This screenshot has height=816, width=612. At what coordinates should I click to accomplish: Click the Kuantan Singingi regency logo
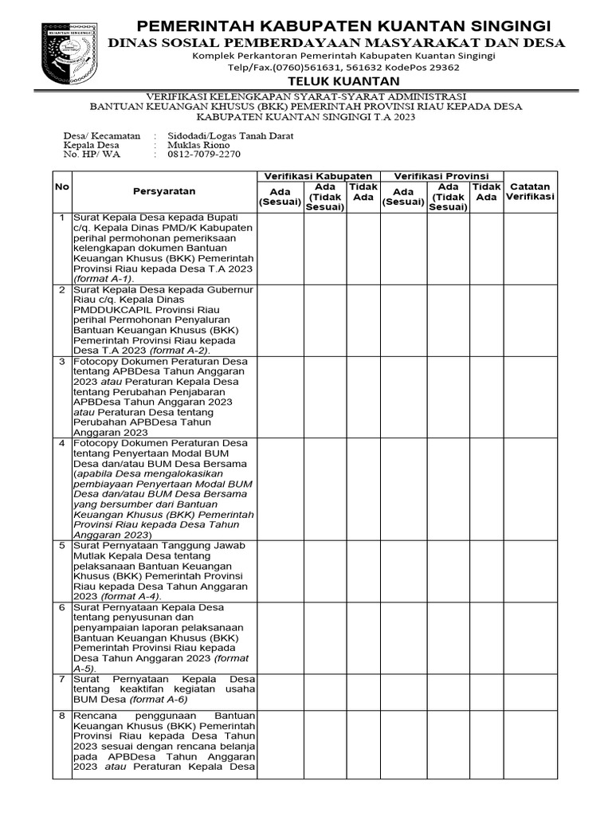click(70, 55)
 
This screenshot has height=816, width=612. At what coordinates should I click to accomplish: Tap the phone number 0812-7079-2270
click(204, 155)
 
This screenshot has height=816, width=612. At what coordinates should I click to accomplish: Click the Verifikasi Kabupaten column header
click(318, 175)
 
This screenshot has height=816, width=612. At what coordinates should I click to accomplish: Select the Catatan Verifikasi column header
click(531, 191)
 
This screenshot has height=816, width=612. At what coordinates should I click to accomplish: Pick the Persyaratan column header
click(164, 191)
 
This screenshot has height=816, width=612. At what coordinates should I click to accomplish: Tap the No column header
click(62, 186)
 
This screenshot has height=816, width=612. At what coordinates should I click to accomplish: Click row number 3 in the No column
click(62, 361)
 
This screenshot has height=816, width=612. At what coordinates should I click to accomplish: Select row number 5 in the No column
click(62, 545)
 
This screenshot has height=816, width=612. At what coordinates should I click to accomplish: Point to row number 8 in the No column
click(62, 716)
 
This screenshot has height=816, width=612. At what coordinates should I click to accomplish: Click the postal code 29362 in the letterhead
click(441, 68)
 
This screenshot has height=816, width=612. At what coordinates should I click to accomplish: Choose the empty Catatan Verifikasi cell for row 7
click(531, 690)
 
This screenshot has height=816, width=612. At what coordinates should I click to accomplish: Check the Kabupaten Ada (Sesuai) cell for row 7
click(280, 690)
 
